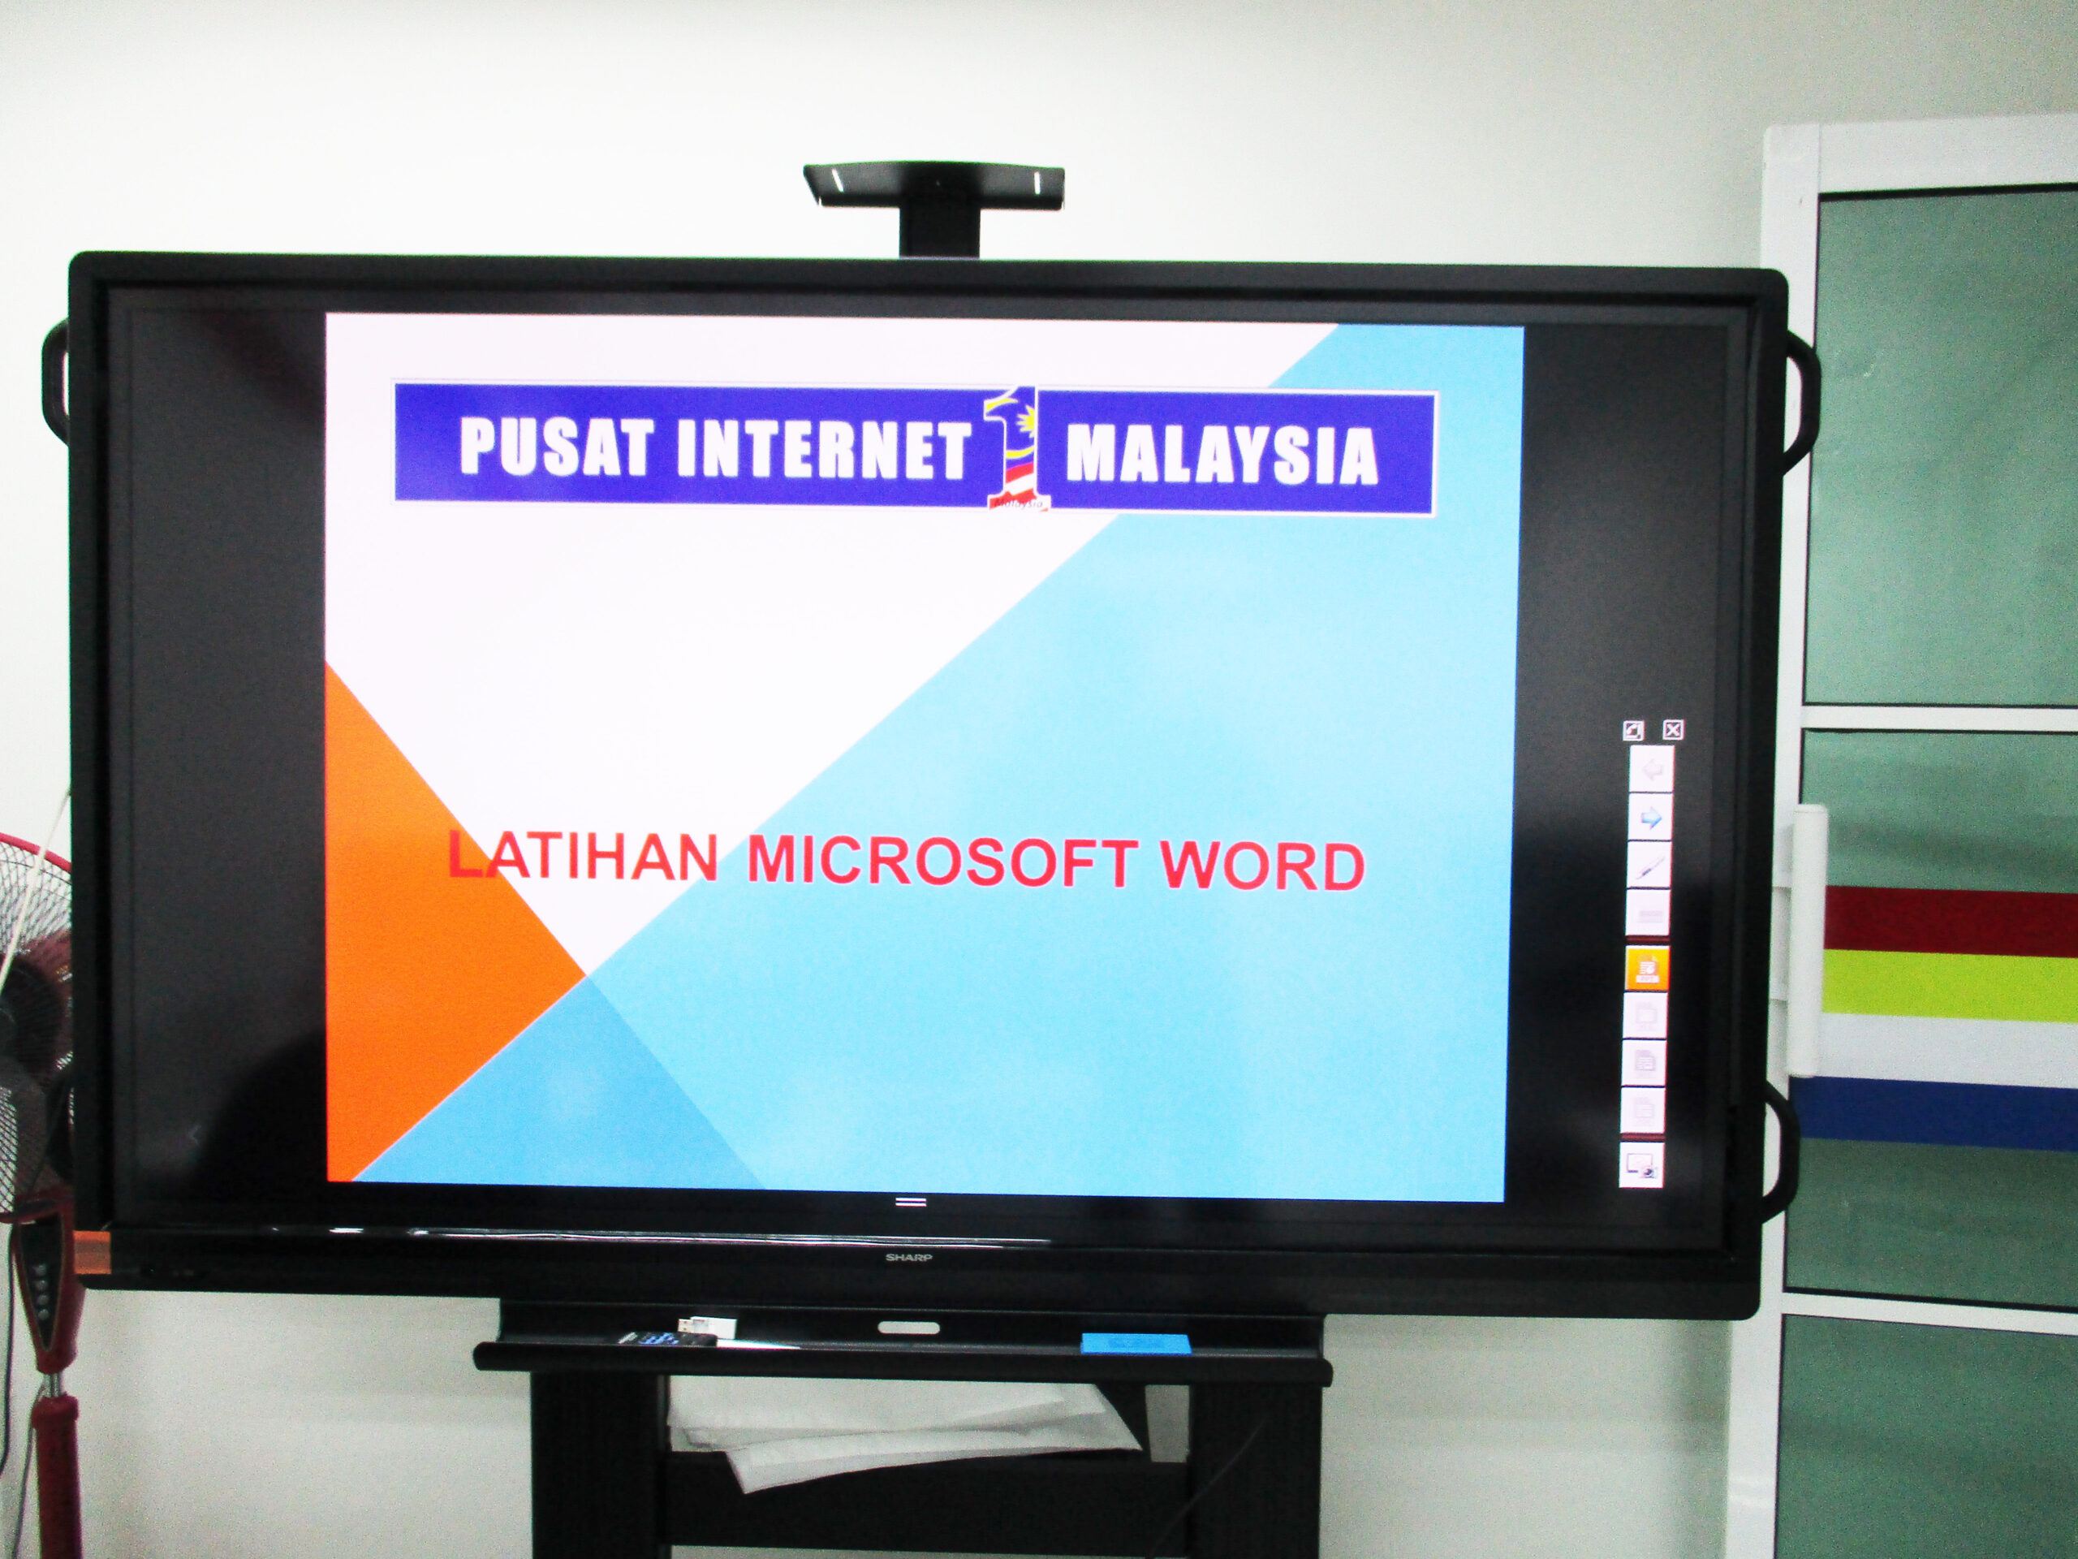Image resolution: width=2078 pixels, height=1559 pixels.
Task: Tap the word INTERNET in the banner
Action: [x=822, y=447]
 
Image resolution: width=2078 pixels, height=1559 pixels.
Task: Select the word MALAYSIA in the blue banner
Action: [x=1222, y=454]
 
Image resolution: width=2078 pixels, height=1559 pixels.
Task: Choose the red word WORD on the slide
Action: [x=1261, y=866]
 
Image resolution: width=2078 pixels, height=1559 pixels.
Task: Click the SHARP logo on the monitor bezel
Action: [x=908, y=1256]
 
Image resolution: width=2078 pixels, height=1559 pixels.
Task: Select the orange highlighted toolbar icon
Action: [x=1646, y=968]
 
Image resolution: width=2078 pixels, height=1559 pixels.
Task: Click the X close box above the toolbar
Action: [x=1672, y=729]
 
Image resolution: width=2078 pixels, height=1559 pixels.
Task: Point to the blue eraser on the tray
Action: [x=1136, y=1343]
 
